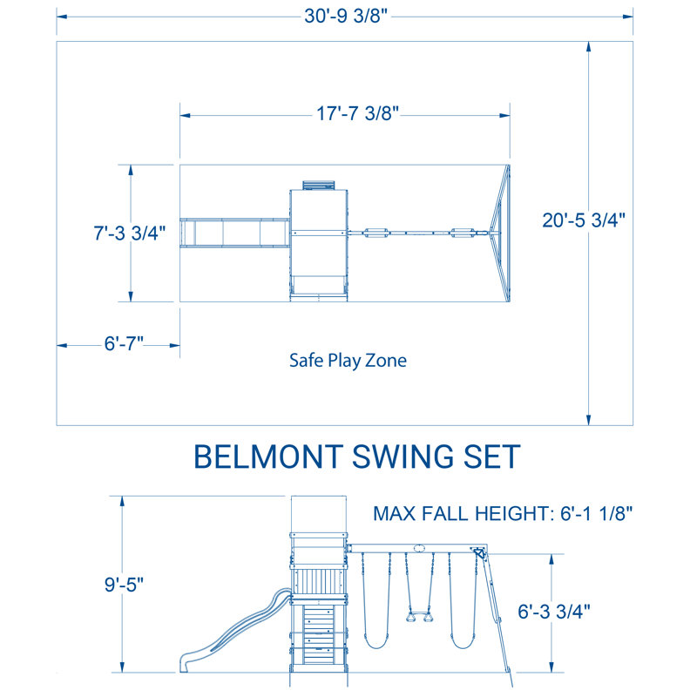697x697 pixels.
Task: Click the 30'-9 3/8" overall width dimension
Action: tap(346, 17)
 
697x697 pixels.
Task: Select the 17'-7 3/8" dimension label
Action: tap(346, 113)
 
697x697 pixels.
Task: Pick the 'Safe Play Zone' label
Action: tap(348, 360)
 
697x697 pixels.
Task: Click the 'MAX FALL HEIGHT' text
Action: tap(462, 512)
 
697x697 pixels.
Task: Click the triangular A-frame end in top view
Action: tap(499, 233)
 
